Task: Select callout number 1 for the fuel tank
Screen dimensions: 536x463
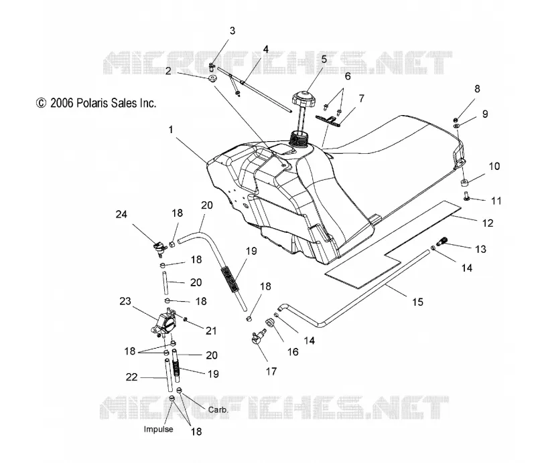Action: point(171,130)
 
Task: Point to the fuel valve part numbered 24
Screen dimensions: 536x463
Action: point(160,249)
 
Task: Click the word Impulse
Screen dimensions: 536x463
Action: point(158,429)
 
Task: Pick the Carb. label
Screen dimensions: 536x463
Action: point(218,409)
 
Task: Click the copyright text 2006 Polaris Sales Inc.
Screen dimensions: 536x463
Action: point(96,103)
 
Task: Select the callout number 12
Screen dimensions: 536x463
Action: point(488,223)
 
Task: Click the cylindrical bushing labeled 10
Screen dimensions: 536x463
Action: point(464,183)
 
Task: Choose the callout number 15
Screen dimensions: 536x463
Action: point(417,302)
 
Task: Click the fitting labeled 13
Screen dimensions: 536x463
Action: point(442,242)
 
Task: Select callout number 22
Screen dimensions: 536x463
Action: point(131,377)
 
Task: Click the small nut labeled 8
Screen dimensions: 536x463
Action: point(456,120)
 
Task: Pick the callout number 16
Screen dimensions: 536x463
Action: point(293,352)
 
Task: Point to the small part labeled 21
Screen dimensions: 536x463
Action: point(186,320)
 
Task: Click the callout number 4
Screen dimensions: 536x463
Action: point(265,49)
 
